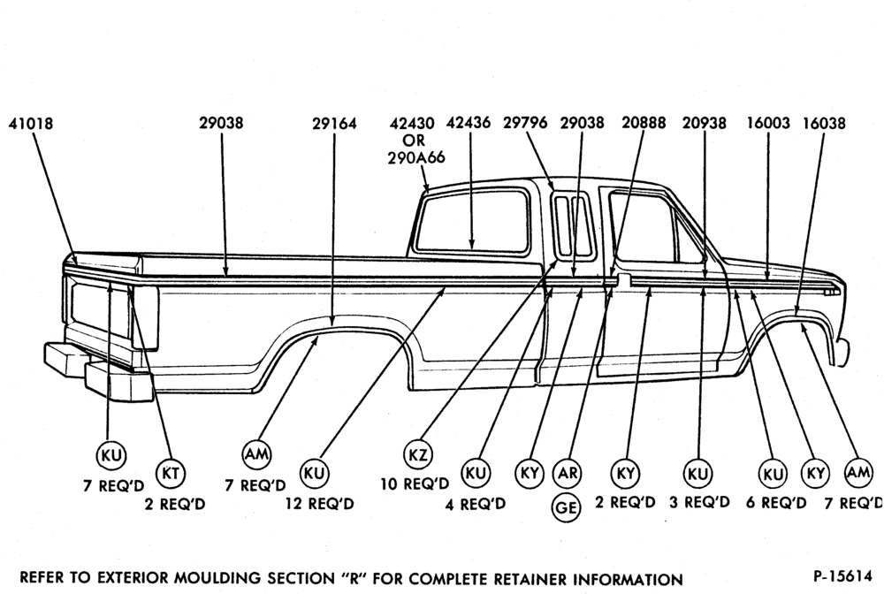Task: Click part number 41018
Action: (30, 124)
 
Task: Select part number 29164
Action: (334, 124)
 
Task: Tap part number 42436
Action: (468, 123)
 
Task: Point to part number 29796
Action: (525, 123)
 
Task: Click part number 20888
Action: (644, 123)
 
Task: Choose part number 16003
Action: (768, 123)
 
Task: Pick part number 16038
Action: (824, 123)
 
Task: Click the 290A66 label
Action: (416, 158)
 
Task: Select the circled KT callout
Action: (171, 474)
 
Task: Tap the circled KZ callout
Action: (418, 454)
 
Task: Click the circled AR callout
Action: (567, 473)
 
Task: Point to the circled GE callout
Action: (566, 507)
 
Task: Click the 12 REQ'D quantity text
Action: (320, 503)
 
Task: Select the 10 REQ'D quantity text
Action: (415, 484)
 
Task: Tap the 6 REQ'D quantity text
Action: (776, 502)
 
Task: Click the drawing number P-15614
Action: (842, 576)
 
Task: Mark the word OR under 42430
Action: (413, 141)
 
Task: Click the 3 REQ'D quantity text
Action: (699, 501)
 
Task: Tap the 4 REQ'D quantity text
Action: (476, 503)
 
